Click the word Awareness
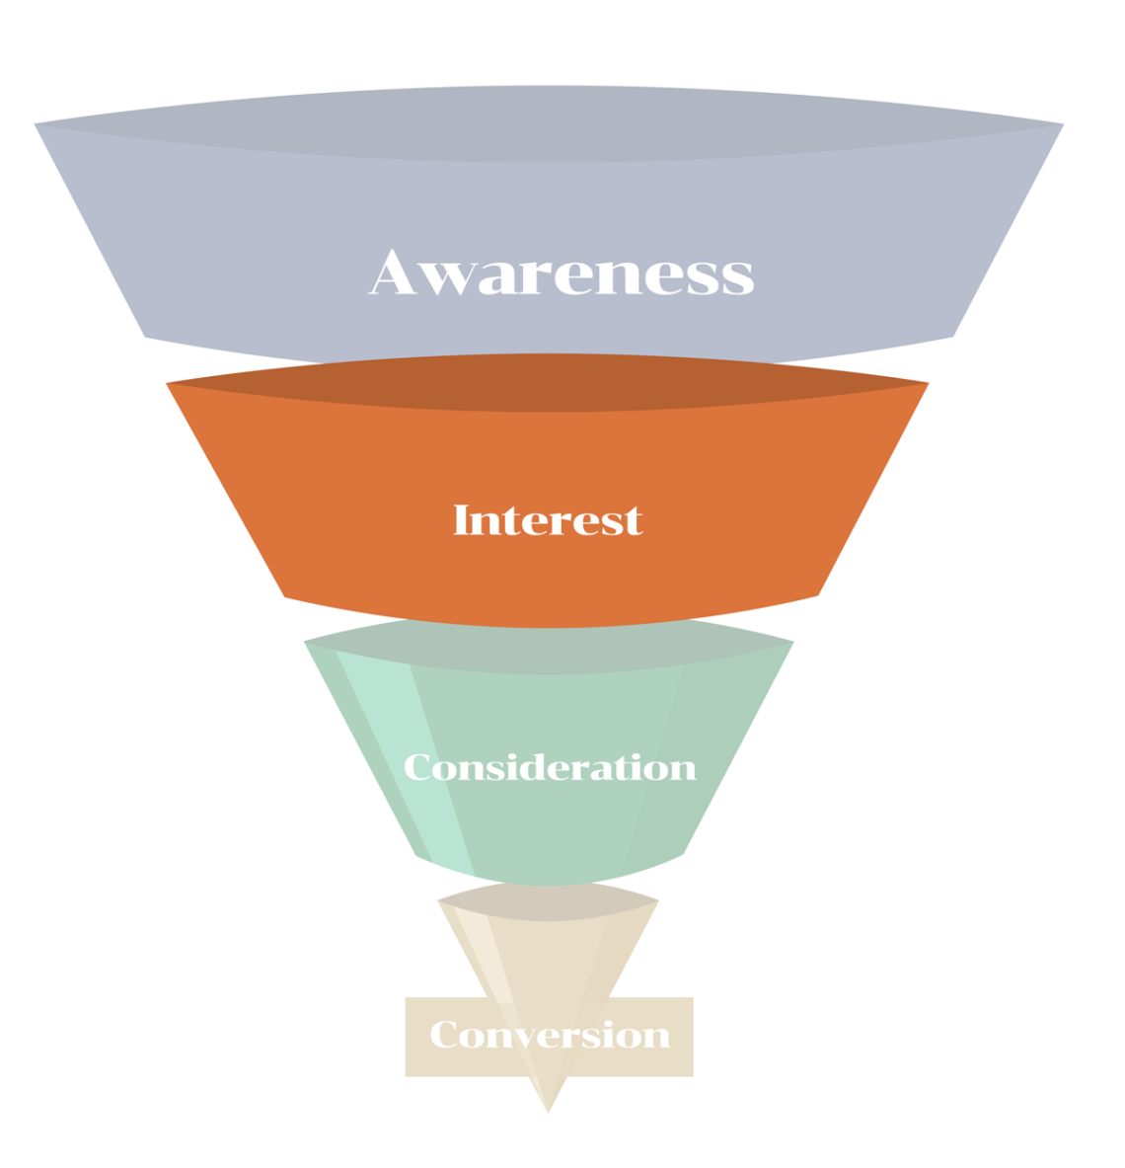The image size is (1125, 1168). coord(562,273)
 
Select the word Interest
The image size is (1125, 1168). coord(548,520)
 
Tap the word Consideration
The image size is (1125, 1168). coord(550,767)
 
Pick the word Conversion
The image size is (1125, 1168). coord(550,1035)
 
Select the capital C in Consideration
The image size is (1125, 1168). coord(418,767)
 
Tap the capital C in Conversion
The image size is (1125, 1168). coord(445,1035)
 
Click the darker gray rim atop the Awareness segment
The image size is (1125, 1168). coord(549,123)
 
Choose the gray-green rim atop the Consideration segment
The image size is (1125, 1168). coord(549,647)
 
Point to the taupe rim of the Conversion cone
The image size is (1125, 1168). coord(548,901)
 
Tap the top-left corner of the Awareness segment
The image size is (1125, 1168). coord(37,125)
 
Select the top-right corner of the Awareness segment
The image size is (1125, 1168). coord(1061,125)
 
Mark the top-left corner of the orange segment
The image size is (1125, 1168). coord(169,384)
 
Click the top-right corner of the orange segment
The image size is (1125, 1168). coord(926,384)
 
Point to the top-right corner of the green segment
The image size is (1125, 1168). coord(790,644)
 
